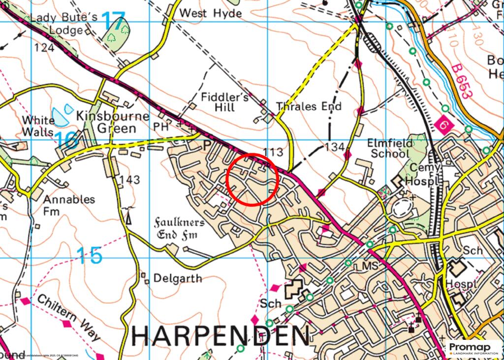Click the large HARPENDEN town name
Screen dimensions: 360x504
pos(221,336)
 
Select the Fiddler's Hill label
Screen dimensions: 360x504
pos(224,102)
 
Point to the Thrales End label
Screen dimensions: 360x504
pos(309,107)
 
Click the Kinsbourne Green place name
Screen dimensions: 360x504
pos(106,122)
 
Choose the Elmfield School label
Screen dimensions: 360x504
pos(388,148)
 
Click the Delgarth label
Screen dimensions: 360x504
pos(177,278)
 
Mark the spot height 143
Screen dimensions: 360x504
pos(128,180)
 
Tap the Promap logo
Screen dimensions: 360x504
pos(473,349)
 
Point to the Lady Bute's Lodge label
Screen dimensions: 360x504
pos(57,24)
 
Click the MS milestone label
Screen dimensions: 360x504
pos(369,266)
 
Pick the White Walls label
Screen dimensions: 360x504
pos(38,126)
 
